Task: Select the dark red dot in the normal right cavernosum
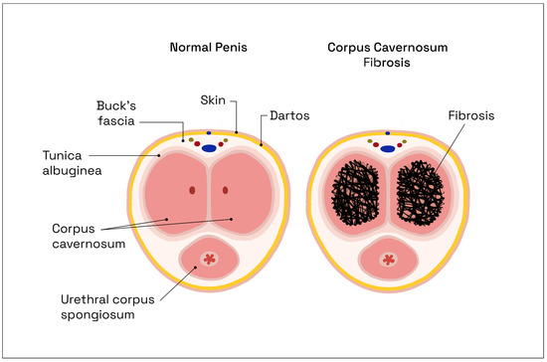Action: coord(226,189)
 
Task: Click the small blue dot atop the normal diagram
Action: coord(209,132)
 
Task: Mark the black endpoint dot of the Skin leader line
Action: coord(236,130)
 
